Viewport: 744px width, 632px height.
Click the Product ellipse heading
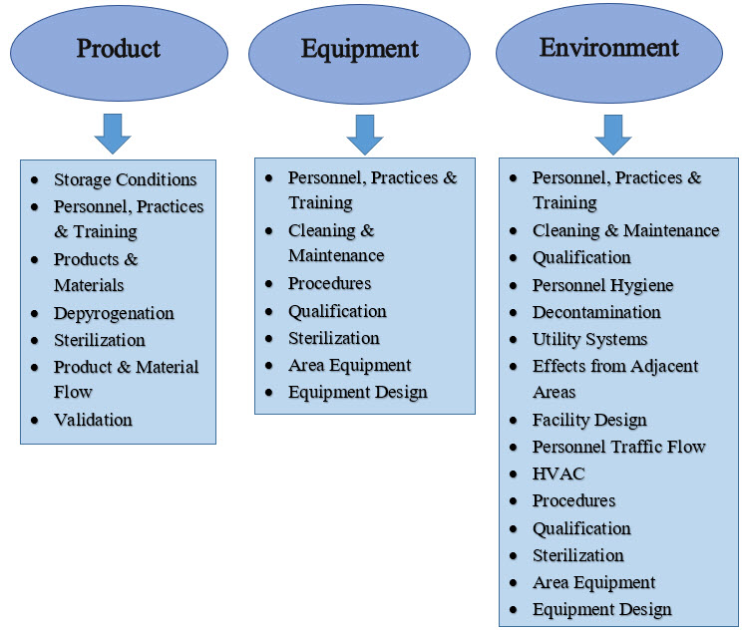point(119,49)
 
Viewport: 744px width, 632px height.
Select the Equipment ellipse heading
point(360,49)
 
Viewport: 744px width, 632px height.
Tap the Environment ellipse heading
point(608,47)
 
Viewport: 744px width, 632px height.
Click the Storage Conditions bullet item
point(125,179)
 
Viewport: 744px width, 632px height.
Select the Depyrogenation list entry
point(114,313)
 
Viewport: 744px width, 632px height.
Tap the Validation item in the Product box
point(93,420)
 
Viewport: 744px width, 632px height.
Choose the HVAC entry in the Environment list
point(558,474)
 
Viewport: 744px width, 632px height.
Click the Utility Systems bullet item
point(589,339)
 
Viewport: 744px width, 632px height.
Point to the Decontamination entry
point(596,312)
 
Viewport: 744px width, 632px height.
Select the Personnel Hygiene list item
point(602,285)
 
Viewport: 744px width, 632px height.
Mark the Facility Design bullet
point(589,420)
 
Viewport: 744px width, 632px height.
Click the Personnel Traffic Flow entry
point(618,447)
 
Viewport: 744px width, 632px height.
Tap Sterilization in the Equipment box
point(333,338)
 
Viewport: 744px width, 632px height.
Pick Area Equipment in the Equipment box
point(349,365)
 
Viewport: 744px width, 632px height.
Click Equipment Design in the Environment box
point(601,609)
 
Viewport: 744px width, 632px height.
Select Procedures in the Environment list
point(573,500)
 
